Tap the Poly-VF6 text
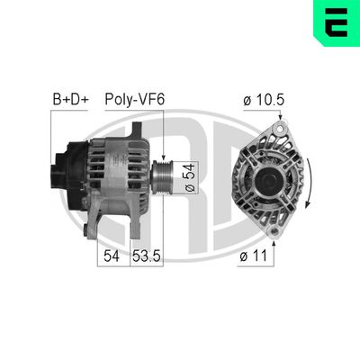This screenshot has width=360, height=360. point(134,100)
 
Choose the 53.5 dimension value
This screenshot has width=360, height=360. point(146,256)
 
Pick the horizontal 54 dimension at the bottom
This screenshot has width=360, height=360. point(111,256)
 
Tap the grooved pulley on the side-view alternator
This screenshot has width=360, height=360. point(163,170)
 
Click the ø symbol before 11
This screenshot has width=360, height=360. point(244,256)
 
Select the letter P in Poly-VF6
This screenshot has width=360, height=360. point(110,100)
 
